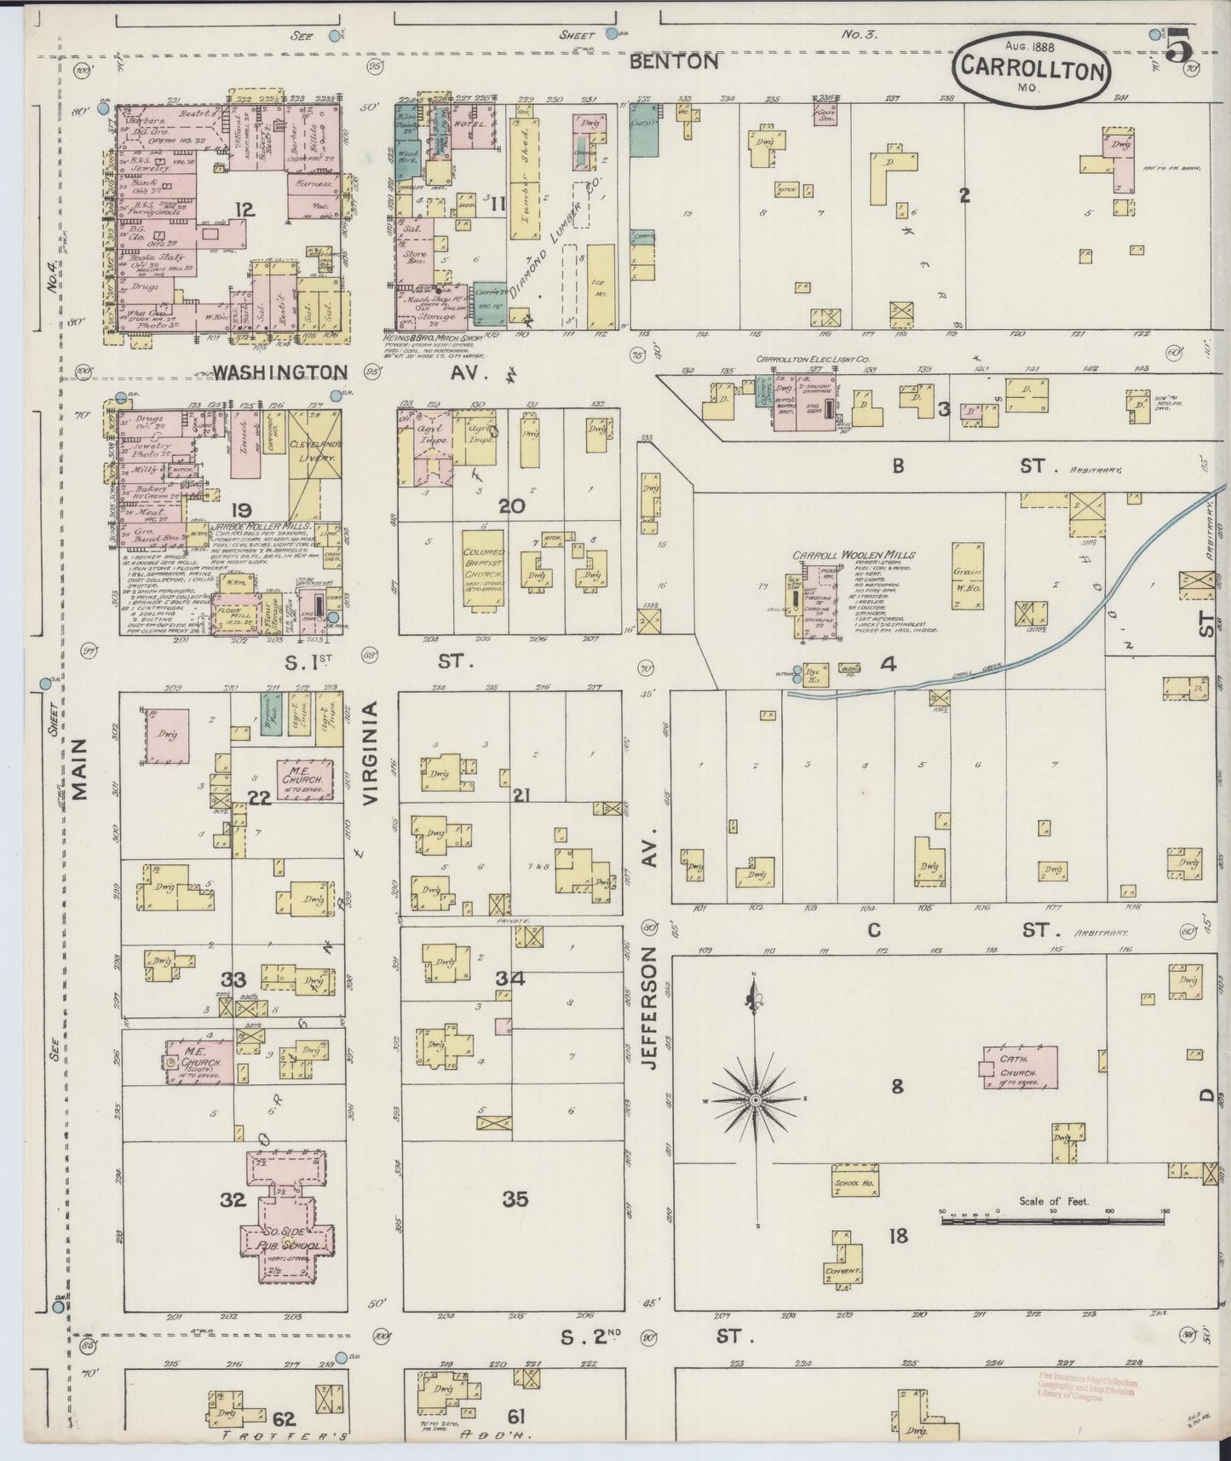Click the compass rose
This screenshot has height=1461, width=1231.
point(755,1101)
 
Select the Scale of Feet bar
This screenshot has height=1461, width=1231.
point(1053,1221)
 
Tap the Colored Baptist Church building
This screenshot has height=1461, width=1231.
point(483,569)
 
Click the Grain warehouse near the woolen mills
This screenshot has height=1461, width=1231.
point(969,575)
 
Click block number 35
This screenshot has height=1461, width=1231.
point(515,1199)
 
